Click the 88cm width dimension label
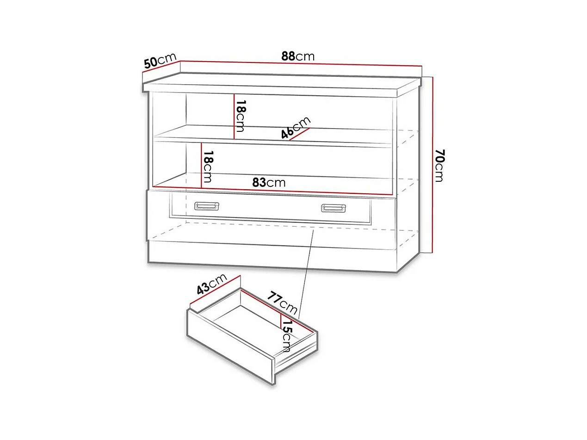pyautogui.click(x=297, y=56)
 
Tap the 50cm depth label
pyautogui.click(x=160, y=61)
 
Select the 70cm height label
pyautogui.click(x=439, y=166)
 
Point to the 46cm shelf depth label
pyautogui.click(x=296, y=127)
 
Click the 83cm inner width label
pyautogui.click(x=269, y=182)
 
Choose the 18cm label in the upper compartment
pyautogui.click(x=240, y=116)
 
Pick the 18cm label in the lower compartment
pyautogui.click(x=208, y=167)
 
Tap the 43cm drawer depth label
pyautogui.click(x=211, y=284)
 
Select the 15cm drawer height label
pyautogui.click(x=287, y=336)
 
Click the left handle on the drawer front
pyautogui.click(x=207, y=206)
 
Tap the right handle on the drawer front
pyautogui.click(x=334, y=208)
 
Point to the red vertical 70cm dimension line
pyautogui.click(x=433, y=165)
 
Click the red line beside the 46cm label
pyautogui.click(x=299, y=134)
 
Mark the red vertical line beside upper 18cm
pyautogui.click(x=234, y=116)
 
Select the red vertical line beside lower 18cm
pyautogui.click(x=201, y=165)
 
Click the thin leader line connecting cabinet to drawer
pyautogui.click(x=306, y=273)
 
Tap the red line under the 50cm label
pyautogui.click(x=161, y=67)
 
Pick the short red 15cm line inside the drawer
pyautogui.click(x=280, y=321)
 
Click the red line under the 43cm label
pyautogui.click(x=215, y=290)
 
